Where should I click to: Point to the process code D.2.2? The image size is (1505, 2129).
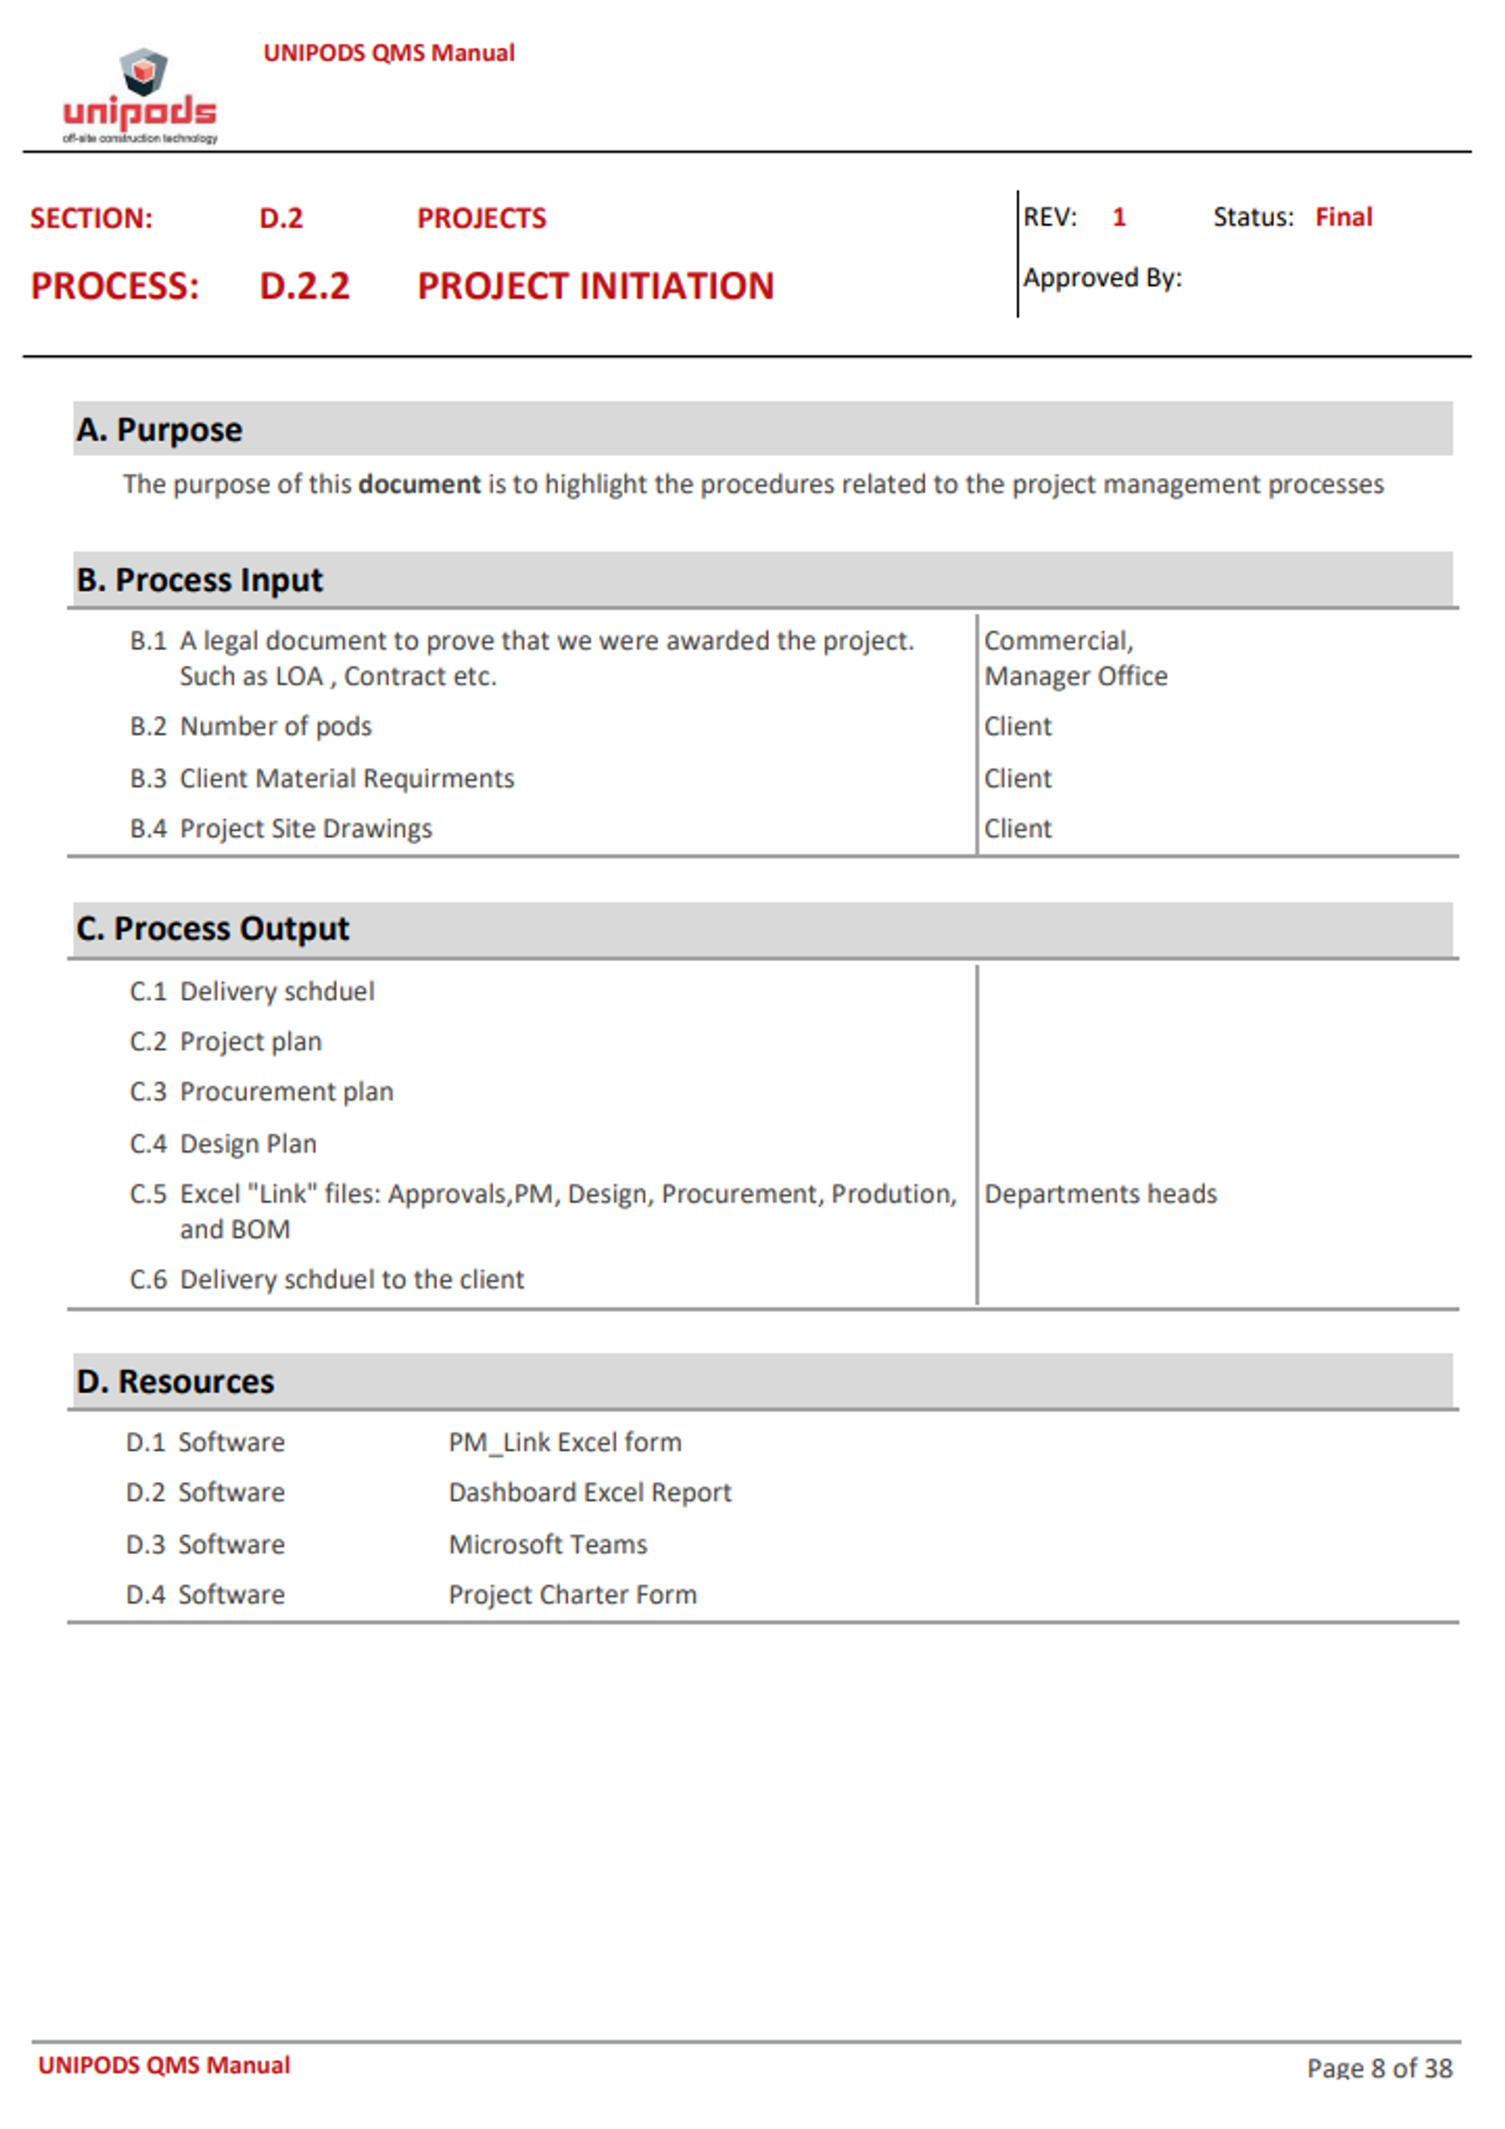[x=304, y=286]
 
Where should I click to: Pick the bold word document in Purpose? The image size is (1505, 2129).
[x=419, y=484]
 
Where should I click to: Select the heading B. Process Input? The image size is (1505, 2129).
[x=199, y=579]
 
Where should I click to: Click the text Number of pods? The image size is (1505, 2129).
[x=275, y=726]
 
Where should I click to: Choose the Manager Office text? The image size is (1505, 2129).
[x=1075, y=676]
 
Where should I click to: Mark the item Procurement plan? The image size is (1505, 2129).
[x=286, y=1091]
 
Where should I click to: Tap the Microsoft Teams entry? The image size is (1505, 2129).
[x=547, y=1544]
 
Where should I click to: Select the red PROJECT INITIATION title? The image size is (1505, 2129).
[x=595, y=286]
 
